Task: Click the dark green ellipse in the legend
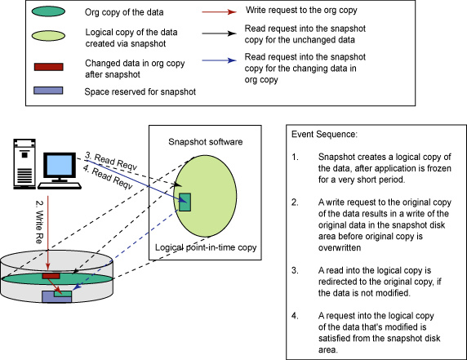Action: click(x=48, y=11)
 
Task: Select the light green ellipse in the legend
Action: click(x=48, y=36)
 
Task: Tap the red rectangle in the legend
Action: click(x=48, y=67)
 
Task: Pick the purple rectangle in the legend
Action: click(x=48, y=91)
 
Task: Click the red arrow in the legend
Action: click(x=219, y=12)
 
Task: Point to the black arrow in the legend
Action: click(x=219, y=33)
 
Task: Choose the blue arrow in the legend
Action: click(x=219, y=60)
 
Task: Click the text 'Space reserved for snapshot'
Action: click(x=140, y=91)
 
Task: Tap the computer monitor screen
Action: click(x=60, y=165)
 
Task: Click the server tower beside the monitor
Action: click(x=24, y=164)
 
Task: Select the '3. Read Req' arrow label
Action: click(x=110, y=161)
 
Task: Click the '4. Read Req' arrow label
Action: click(x=107, y=177)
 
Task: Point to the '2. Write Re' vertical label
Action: click(x=39, y=222)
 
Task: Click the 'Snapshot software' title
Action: click(x=206, y=142)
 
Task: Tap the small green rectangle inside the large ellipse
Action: click(x=185, y=202)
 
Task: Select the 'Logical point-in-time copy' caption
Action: click(x=206, y=247)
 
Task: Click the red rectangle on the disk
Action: click(x=51, y=276)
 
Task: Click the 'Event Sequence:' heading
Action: click(x=324, y=135)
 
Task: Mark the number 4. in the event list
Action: click(x=295, y=316)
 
